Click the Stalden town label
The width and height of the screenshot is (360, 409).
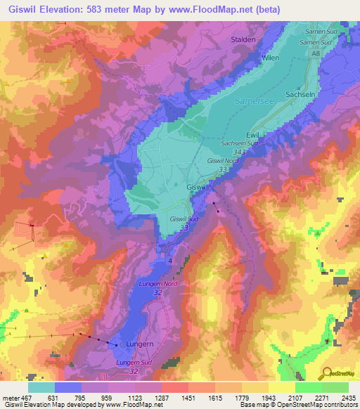[x=243, y=40]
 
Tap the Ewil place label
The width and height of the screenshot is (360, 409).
[x=253, y=134]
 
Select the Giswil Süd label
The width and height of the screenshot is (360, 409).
[x=185, y=219]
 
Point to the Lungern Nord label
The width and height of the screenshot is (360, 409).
[x=154, y=283]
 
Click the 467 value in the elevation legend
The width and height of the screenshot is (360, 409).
[x=27, y=397]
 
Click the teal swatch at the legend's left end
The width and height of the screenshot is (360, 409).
[x=41, y=387]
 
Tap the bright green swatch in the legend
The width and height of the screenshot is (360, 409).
[x=308, y=387]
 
